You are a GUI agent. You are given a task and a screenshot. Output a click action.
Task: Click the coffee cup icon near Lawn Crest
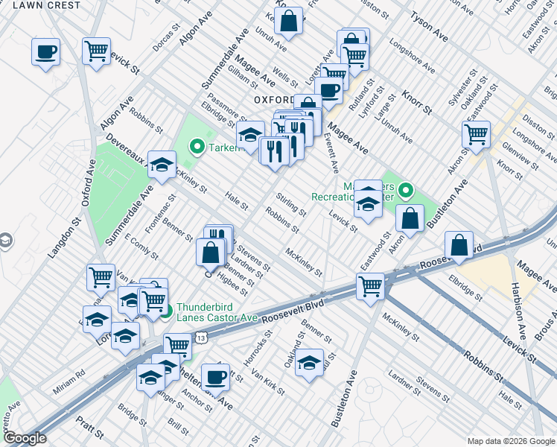46,53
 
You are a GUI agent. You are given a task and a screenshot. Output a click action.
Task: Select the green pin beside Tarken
197,147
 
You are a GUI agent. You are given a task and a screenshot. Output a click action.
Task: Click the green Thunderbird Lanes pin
165,311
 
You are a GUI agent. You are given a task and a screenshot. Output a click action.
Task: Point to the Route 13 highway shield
202,338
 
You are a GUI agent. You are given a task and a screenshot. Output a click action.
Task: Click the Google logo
24,438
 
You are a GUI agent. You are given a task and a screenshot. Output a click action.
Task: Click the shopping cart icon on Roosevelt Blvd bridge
370,285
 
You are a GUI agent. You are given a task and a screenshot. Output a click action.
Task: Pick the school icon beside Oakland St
309,363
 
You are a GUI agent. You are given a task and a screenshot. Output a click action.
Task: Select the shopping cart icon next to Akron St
476,135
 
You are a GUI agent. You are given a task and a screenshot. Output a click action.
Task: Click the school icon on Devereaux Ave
162,165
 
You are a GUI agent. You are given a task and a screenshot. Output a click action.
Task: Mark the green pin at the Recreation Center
405,192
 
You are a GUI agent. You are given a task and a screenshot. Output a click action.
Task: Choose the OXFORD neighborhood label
274,99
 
